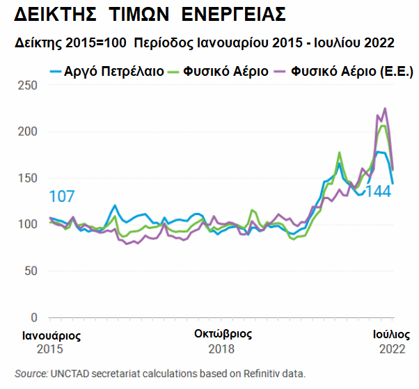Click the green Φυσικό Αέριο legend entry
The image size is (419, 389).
pos(226,71)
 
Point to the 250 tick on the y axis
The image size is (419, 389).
pos(27,85)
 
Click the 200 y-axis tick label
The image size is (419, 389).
pos(27,132)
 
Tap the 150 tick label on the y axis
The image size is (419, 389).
pos(27,178)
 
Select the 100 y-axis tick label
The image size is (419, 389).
pos(27,224)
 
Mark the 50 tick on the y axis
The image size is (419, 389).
pos(30,271)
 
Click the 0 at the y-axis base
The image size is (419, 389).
pos(33,317)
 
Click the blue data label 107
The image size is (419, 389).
pos(61,197)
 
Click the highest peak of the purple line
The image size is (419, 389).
pos(385,109)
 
